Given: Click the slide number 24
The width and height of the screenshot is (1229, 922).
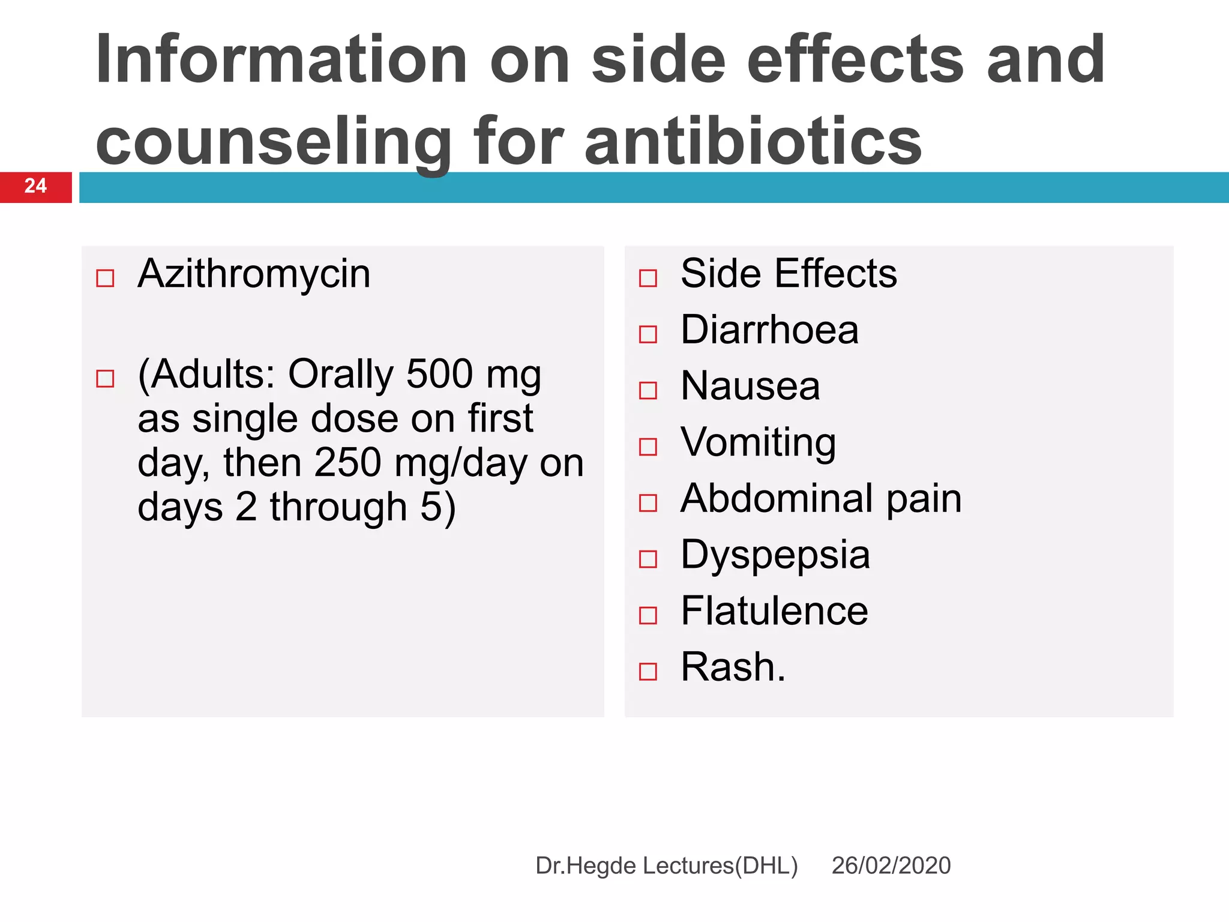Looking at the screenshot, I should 35,186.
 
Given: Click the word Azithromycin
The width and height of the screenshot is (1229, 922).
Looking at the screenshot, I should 254,274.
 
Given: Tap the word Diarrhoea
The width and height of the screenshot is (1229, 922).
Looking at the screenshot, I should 769,330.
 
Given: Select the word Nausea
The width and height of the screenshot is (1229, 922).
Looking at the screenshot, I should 750,386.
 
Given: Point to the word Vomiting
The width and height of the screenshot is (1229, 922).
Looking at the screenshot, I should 758,442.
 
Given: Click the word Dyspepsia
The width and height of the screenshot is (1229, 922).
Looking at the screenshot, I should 775,555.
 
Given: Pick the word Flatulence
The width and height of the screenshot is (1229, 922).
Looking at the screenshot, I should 774,611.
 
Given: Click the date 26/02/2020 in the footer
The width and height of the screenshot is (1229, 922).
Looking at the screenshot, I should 891,866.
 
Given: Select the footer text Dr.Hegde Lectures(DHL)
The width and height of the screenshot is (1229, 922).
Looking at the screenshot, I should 666,866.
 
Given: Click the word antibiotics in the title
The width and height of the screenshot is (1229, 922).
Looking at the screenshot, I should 753,142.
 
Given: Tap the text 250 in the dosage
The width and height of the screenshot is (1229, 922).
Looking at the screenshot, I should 347,463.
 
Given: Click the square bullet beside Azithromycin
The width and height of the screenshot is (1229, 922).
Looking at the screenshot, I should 105,278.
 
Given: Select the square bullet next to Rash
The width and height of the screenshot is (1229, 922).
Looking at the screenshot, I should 648,671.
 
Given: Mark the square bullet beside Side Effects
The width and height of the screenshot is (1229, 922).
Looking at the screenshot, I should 648,278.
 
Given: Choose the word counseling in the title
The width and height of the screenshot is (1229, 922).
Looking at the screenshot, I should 274,142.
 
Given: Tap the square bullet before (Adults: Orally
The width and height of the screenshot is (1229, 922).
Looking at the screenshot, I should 105,378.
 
